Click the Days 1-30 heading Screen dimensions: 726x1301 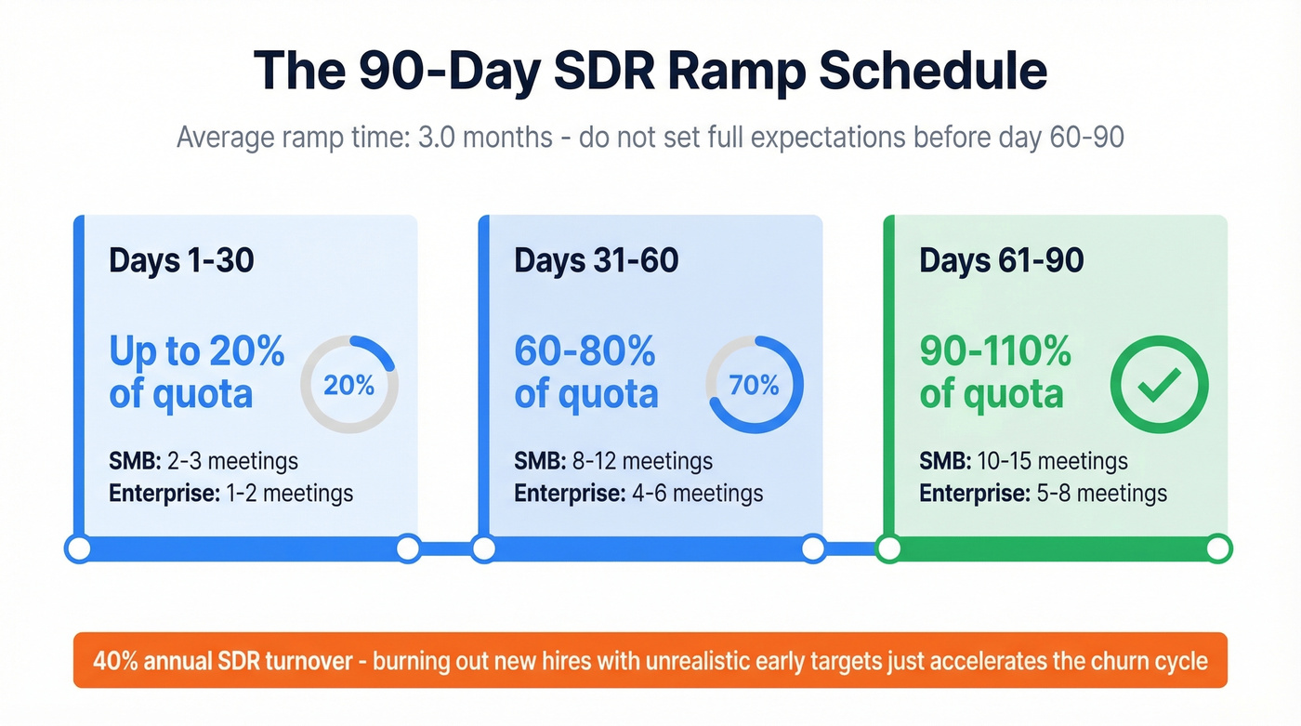[x=181, y=260]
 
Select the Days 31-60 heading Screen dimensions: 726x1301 [x=596, y=260]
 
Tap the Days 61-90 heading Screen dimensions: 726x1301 [x=1001, y=260]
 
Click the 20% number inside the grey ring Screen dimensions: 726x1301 [x=349, y=385]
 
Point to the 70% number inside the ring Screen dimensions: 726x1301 [x=754, y=385]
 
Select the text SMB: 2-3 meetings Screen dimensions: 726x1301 [x=204, y=461]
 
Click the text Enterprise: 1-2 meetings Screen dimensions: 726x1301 [x=231, y=493]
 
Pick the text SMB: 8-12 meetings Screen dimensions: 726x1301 [x=613, y=461]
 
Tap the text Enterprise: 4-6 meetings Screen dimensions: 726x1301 [x=638, y=493]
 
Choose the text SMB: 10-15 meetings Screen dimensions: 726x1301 [x=1023, y=461]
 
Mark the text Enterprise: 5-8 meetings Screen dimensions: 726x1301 [x=1044, y=493]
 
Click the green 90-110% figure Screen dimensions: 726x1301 [x=995, y=352]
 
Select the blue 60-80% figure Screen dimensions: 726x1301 [x=585, y=352]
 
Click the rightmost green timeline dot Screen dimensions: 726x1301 [x=1218, y=549]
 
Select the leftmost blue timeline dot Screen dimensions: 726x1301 [x=79, y=549]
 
